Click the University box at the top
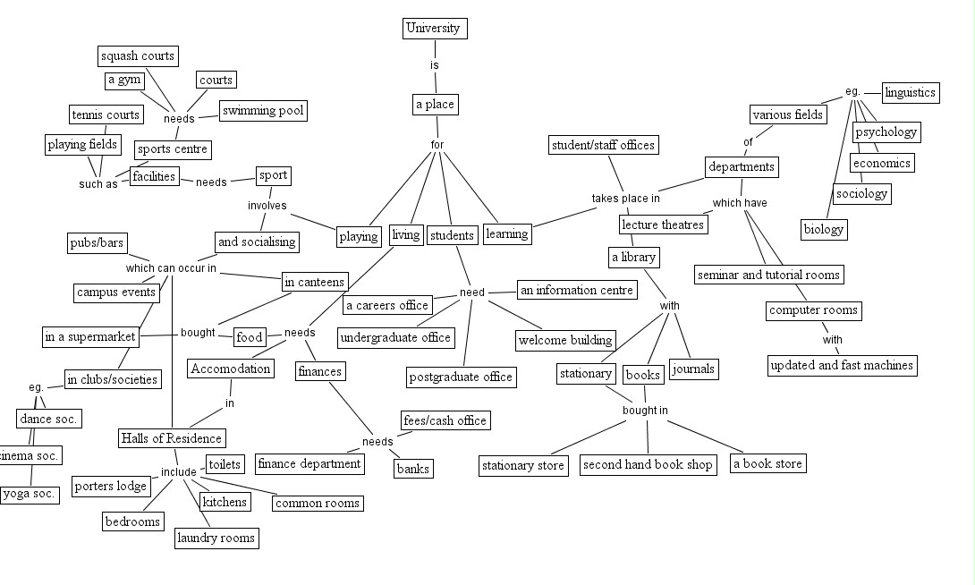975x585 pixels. (x=434, y=28)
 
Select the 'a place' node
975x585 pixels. (x=435, y=105)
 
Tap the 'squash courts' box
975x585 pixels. (x=137, y=56)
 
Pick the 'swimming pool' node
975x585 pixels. (x=263, y=111)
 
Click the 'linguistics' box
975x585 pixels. (x=910, y=92)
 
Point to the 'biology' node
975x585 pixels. (x=824, y=229)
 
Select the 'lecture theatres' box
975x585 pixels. (x=664, y=225)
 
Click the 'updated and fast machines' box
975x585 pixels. (x=842, y=365)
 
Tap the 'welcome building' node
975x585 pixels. (x=566, y=340)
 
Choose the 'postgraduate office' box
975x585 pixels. (x=461, y=377)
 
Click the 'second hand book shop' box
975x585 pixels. (x=648, y=464)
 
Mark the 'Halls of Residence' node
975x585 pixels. (x=171, y=438)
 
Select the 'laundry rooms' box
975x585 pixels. (x=216, y=538)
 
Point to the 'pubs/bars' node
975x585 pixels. (x=97, y=242)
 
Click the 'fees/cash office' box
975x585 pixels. (x=445, y=420)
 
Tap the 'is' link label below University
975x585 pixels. (x=435, y=65)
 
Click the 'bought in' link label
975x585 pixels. (x=646, y=411)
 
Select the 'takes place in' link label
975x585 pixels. (x=625, y=199)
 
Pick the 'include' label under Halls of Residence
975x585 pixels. (x=178, y=471)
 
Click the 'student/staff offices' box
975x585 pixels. (x=603, y=145)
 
